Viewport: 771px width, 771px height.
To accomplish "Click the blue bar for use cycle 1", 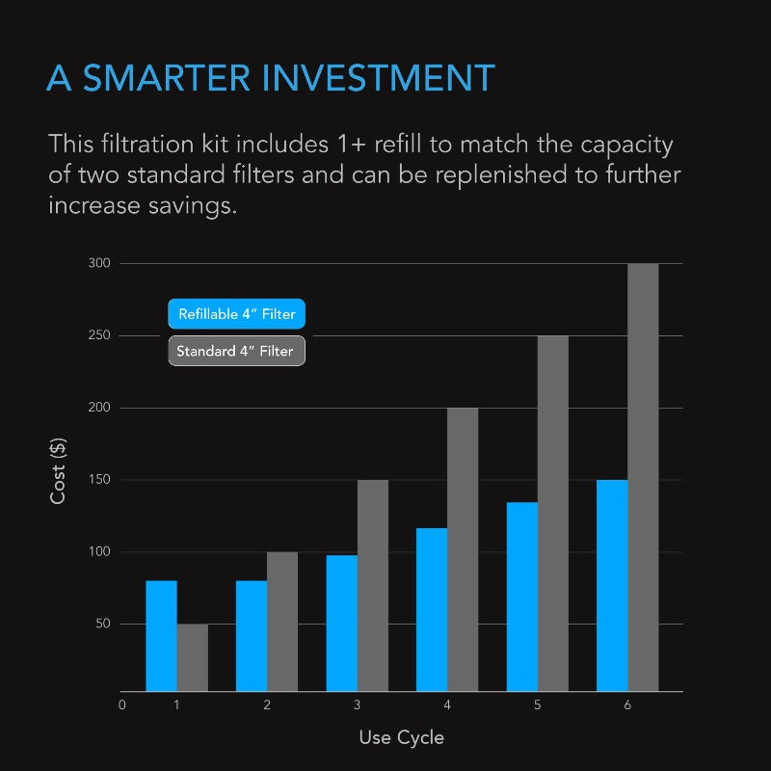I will tap(161, 636).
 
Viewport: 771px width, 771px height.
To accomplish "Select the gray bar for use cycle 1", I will tap(192, 658).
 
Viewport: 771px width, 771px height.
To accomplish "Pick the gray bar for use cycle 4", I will tap(463, 549).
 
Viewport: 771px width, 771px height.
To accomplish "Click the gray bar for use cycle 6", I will tap(643, 477).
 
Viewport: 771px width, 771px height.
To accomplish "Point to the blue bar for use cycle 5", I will tap(522, 597).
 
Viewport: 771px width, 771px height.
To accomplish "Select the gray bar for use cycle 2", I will tap(282, 622).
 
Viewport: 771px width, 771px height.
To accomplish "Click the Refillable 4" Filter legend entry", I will tap(237, 314).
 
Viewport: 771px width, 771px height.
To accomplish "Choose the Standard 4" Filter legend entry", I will tap(236, 351).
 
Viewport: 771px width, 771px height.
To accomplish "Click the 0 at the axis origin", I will tap(122, 705).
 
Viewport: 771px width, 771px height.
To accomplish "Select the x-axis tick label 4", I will tap(447, 705).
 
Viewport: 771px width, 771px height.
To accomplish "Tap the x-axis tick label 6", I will tap(627, 705).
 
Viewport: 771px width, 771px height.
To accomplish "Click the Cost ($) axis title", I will tap(59, 471).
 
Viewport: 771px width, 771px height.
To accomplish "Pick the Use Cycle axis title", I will tap(402, 737).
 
